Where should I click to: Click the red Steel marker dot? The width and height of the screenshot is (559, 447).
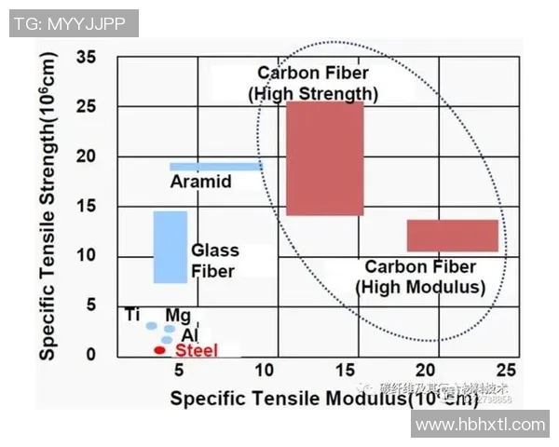point(159,350)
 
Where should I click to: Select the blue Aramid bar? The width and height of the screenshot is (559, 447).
point(215,167)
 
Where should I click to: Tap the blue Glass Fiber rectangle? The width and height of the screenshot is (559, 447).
point(170,247)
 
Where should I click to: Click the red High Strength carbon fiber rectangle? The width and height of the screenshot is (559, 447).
point(324,158)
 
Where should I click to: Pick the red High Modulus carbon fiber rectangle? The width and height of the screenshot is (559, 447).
point(453,236)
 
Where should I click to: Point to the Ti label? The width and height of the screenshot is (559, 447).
point(132,314)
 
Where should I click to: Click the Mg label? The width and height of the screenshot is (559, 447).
point(177,317)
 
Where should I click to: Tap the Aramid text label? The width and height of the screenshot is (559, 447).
point(200,183)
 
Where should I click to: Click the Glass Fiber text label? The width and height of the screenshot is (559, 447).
point(215,261)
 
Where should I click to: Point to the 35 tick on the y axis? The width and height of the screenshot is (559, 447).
point(87,57)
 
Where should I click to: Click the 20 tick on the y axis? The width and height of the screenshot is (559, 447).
point(87,156)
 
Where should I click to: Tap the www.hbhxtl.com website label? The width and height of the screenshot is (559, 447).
point(480,425)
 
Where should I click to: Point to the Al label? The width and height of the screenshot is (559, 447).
point(190,334)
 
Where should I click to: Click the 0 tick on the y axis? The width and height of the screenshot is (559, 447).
point(91,355)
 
